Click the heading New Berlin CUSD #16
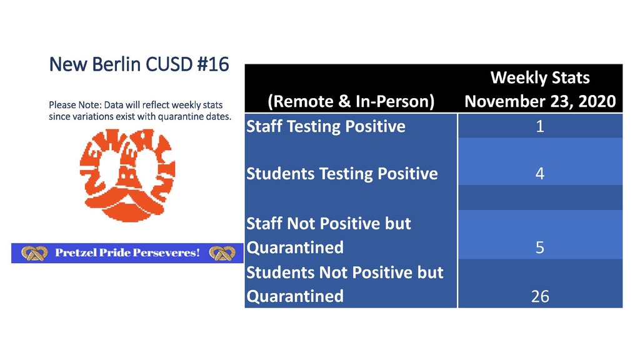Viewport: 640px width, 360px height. coord(139,64)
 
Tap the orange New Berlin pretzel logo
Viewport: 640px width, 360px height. coord(127,176)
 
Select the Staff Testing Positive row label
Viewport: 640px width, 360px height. coord(326,126)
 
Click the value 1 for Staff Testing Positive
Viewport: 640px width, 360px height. coord(540,126)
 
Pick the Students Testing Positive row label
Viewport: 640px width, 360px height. coord(342,174)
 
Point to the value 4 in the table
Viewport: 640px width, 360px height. coord(540,174)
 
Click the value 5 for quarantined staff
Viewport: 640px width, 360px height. coord(540,247)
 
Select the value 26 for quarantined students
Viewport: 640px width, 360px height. coord(540,297)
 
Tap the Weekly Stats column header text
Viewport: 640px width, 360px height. coord(540,77)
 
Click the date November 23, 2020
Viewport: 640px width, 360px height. coord(540,102)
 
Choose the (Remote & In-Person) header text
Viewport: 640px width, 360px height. coord(351,102)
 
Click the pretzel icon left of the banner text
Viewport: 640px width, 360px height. coord(34,253)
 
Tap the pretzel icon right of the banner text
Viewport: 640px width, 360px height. coord(222,253)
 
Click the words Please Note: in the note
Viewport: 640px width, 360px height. coord(75,105)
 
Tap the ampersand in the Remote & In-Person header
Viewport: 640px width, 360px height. coord(345,102)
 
